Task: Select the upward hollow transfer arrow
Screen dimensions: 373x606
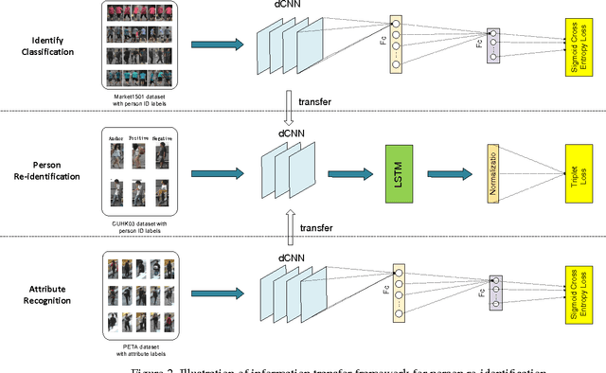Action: (x=289, y=229)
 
